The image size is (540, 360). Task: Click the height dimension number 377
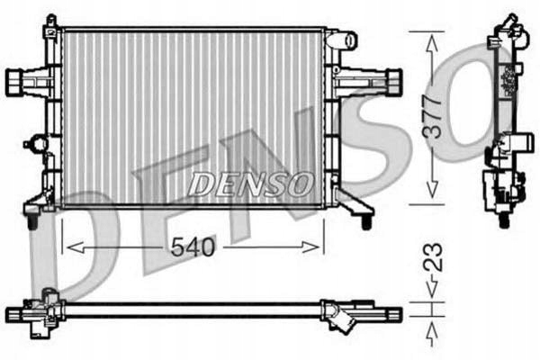(x=434, y=115)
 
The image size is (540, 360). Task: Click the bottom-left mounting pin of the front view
(x=31, y=219)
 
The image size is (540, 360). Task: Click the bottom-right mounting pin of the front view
(x=367, y=219)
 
